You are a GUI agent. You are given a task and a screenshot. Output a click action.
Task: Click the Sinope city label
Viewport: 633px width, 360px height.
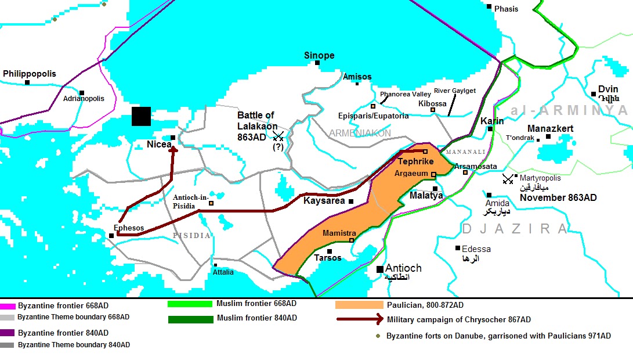tap(319, 56)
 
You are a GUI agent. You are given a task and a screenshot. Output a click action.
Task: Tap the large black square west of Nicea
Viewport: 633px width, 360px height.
tap(141, 116)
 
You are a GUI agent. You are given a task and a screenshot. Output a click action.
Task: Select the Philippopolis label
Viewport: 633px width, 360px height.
tap(30, 74)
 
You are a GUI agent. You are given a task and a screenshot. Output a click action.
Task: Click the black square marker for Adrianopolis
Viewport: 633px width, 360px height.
tap(82, 92)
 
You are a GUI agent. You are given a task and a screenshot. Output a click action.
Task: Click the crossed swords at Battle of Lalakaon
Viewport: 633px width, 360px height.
tap(278, 136)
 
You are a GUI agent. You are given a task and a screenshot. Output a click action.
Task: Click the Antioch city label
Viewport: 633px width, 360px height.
tap(403, 268)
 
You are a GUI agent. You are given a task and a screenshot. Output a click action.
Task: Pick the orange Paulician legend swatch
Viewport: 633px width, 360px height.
tap(359, 305)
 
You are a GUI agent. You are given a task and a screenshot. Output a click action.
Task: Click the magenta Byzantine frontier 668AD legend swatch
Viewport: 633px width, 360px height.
tap(8, 305)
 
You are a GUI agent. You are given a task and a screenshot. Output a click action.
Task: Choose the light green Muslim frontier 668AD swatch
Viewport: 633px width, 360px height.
tap(190, 304)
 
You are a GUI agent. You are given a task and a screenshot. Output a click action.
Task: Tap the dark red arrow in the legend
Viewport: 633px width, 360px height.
tap(359, 319)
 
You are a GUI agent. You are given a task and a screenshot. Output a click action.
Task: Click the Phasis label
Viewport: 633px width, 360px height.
tap(506, 9)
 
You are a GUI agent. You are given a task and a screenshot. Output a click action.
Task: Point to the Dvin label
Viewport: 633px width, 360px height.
tap(608, 89)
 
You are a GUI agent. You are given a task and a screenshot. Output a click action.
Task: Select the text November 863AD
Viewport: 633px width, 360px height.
tap(558, 198)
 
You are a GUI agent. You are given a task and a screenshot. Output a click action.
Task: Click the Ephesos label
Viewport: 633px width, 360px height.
tap(129, 228)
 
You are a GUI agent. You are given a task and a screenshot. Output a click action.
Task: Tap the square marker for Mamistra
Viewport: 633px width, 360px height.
tap(352, 240)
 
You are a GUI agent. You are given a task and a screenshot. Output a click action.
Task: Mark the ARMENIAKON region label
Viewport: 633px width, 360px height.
tap(360, 133)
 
